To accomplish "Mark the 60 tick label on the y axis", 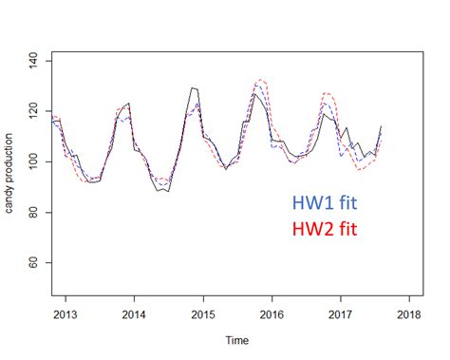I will tap(34, 262).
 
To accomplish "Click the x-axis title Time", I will tap(238, 340).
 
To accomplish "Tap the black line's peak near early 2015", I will tap(193, 87).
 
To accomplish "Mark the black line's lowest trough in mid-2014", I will tap(168, 192).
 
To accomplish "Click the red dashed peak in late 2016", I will tap(328, 93).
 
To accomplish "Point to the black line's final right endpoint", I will tap(382, 126).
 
